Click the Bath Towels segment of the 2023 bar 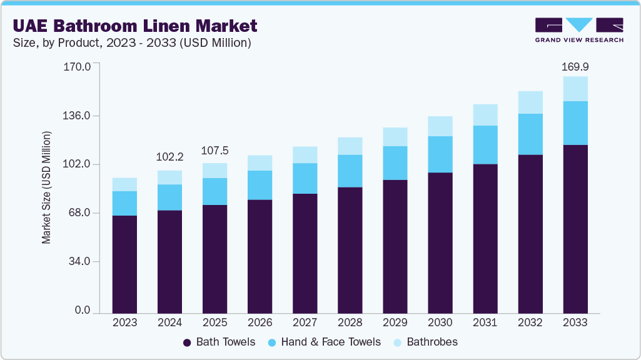coord(124,264)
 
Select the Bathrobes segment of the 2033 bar coord(575,89)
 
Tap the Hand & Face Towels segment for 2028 coord(350,171)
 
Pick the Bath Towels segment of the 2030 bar coord(440,242)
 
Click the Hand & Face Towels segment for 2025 coord(215,191)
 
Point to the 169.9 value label coord(575,66)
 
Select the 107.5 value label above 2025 coord(215,151)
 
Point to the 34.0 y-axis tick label coord(80,261)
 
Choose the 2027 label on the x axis coord(305,322)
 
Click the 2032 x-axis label coord(530,322)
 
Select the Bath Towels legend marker coord(187,342)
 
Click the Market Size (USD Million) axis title coord(46,187)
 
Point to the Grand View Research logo coord(578,29)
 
